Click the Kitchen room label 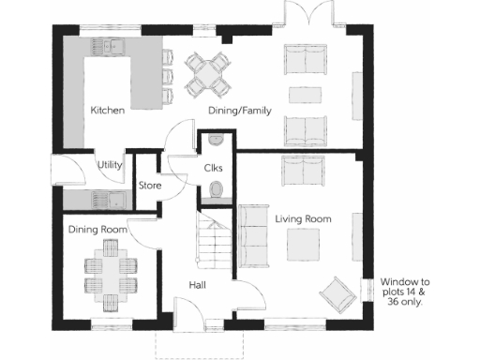108,111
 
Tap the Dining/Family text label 239,111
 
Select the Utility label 111,165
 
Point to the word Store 150,186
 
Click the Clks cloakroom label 213,168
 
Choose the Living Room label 303,218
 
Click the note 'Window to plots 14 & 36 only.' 404,292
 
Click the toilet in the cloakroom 217,190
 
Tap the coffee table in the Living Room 304,245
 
